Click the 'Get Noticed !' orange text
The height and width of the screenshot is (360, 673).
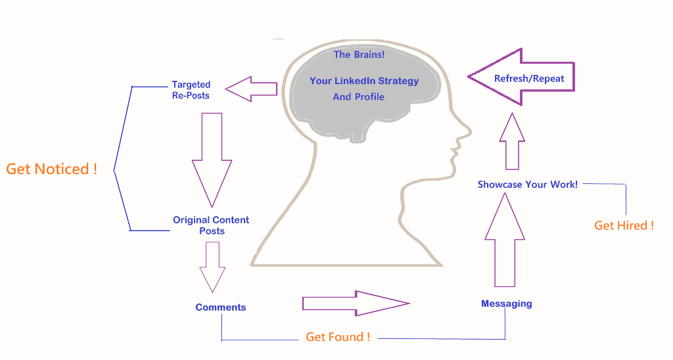point(51,169)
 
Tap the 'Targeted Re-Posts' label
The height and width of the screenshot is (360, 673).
point(191,90)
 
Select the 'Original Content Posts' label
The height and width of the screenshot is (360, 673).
point(211,225)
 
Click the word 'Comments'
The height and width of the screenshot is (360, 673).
point(221,307)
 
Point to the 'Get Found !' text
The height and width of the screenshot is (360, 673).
point(338,337)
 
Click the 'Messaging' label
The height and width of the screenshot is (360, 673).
point(507,304)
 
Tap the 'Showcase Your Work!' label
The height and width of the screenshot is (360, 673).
point(528,185)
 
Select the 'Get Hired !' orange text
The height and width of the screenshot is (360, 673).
point(624,225)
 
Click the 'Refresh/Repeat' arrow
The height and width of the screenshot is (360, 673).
point(521,78)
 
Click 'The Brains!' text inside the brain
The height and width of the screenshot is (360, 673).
point(360,55)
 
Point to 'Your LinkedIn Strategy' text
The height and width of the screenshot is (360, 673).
point(364,81)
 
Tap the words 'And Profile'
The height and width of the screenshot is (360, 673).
point(358,97)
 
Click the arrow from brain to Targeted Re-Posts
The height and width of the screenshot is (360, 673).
point(251,89)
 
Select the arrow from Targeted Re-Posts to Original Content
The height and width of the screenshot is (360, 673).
point(212,160)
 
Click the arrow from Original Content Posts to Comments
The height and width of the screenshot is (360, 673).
point(212,267)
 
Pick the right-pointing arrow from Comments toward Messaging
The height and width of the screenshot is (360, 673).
point(356,304)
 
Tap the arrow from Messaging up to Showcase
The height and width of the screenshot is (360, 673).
point(505,240)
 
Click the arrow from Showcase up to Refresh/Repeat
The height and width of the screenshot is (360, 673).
point(512,141)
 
